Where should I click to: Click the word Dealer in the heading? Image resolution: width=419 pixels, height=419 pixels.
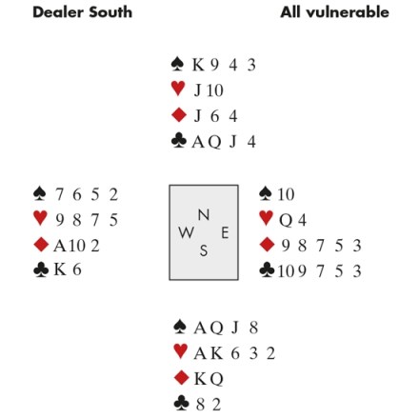pyautogui.click(x=58, y=12)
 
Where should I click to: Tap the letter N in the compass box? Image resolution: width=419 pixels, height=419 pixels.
pyautogui.click(x=204, y=215)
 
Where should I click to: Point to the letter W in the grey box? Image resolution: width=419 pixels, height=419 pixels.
pyautogui.click(x=187, y=232)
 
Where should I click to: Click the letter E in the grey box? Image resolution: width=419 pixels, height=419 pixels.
pyautogui.click(x=225, y=232)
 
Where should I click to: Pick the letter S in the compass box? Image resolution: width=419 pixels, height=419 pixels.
pyautogui.click(x=204, y=250)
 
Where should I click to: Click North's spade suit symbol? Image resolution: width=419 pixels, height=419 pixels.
pyautogui.click(x=177, y=64)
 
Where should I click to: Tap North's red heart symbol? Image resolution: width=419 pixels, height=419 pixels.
pyautogui.click(x=178, y=89)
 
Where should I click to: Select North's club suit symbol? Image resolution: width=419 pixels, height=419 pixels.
pyautogui.click(x=179, y=141)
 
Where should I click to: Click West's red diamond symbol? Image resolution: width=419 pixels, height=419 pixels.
pyautogui.click(x=41, y=245)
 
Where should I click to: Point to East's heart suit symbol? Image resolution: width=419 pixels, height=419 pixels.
pyautogui.click(x=266, y=218)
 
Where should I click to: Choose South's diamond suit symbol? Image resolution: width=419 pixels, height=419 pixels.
pyautogui.click(x=182, y=377)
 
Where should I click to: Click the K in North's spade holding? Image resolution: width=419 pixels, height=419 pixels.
pyautogui.click(x=198, y=65)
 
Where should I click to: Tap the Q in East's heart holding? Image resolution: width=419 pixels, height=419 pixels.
pyautogui.click(x=286, y=220)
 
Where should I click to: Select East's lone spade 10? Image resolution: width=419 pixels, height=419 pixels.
pyautogui.click(x=286, y=194)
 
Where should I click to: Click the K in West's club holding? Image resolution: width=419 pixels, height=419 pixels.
pyautogui.click(x=60, y=269)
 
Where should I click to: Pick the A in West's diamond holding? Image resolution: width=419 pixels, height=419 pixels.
pyautogui.click(x=59, y=246)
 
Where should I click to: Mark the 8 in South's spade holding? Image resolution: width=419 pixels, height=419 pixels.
pyautogui.click(x=253, y=328)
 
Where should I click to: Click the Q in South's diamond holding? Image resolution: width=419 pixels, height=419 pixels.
pyautogui.click(x=216, y=379)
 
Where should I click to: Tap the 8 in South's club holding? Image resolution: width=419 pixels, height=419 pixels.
pyautogui.click(x=200, y=405)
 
